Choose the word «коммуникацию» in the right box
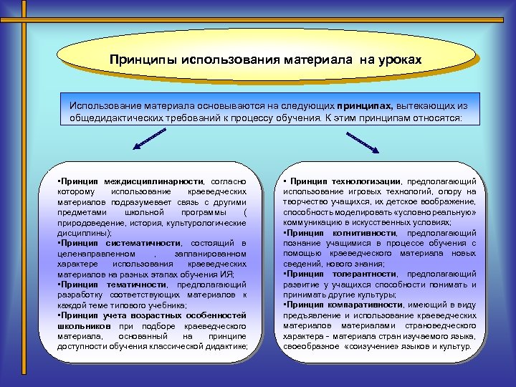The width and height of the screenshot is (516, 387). point(314,223)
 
